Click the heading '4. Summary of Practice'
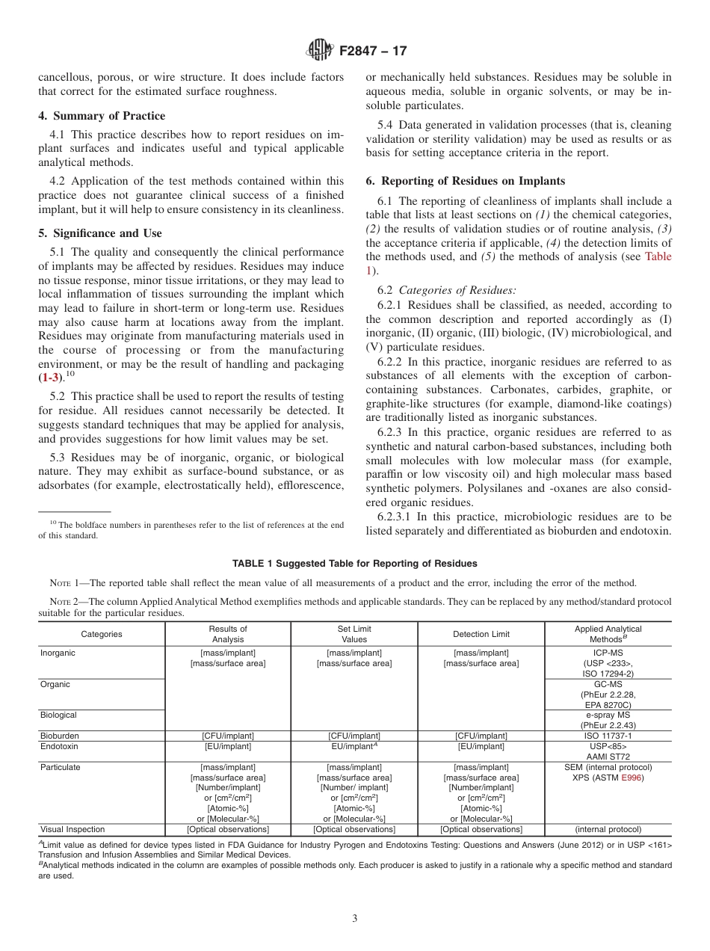[102, 116]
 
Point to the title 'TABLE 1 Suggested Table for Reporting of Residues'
[354, 563]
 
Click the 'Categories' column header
[102, 634]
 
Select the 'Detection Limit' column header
[481, 634]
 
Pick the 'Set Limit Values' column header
[354, 634]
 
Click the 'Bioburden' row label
[59, 736]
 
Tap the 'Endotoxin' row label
[59, 746]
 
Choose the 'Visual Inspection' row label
[72, 829]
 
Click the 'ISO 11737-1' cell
[608, 736]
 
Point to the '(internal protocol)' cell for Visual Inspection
[608, 829]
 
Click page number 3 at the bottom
[355, 919]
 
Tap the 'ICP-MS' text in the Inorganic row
[608, 653]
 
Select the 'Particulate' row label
[60, 767]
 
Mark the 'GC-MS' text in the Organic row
[608, 684]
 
